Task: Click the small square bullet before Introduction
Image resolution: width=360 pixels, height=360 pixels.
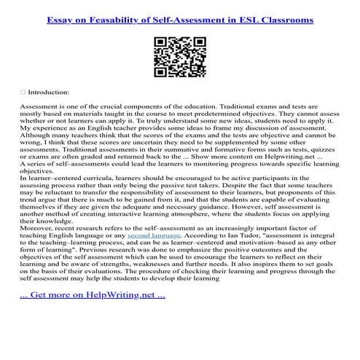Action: pos(23,93)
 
